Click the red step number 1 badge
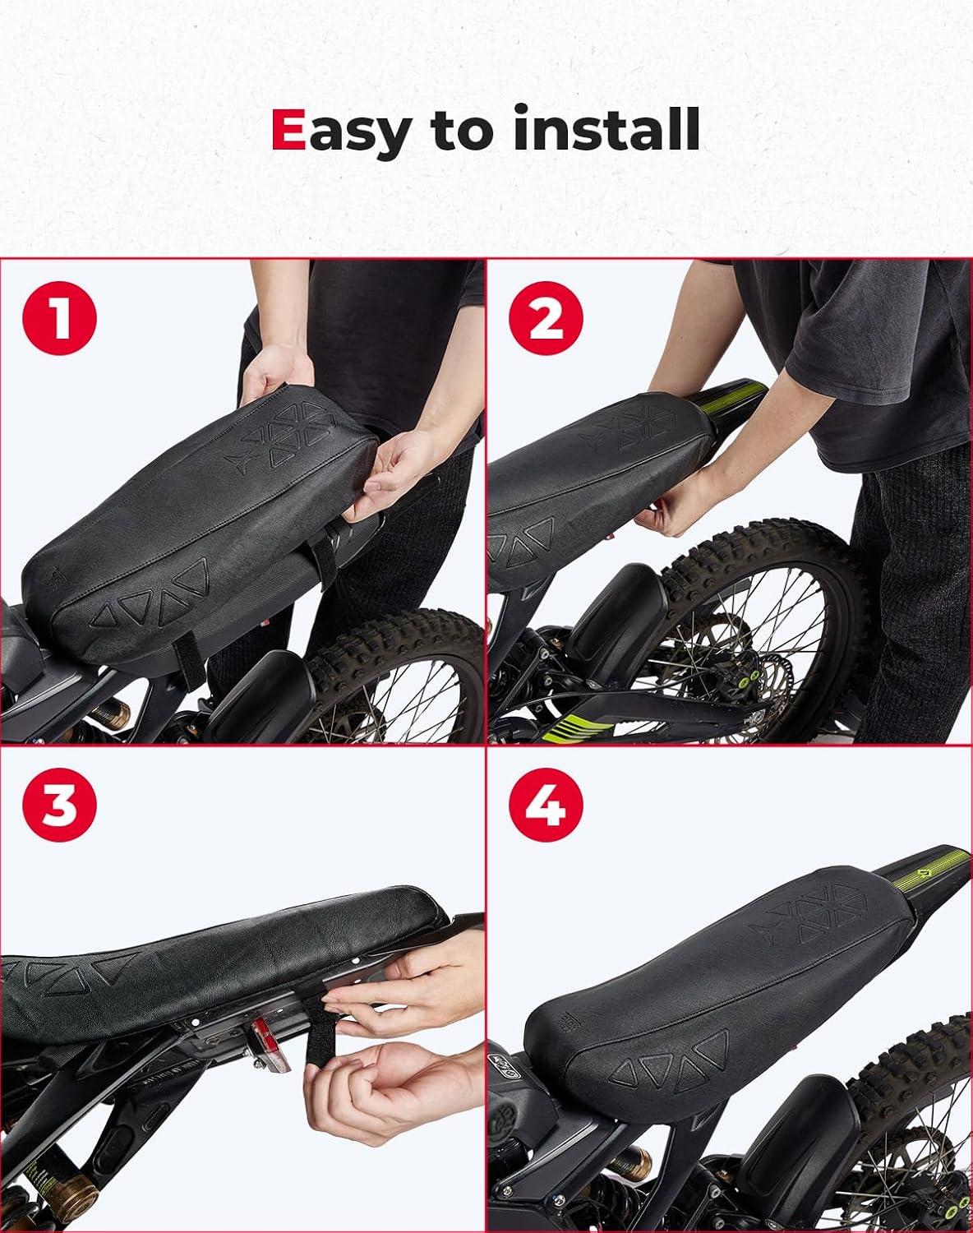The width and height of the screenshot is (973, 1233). click(x=60, y=318)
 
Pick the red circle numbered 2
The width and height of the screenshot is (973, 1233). click(x=546, y=318)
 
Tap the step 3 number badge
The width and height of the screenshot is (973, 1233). click(x=60, y=805)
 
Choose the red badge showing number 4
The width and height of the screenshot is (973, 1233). click(x=546, y=805)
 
